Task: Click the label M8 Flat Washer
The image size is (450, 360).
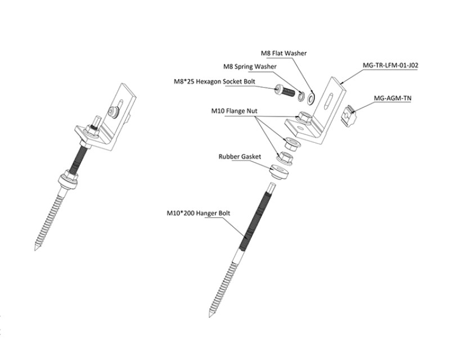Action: tap(283, 53)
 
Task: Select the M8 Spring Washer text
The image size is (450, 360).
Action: tap(250, 66)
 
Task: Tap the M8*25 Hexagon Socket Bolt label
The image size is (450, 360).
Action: tap(214, 82)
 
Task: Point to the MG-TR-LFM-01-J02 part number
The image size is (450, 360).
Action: tap(390, 65)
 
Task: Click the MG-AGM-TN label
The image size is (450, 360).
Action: tap(392, 98)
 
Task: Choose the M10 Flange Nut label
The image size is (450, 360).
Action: tap(234, 111)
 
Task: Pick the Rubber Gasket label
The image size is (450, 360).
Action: tap(240, 157)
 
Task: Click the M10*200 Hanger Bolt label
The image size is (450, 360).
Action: tap(199, 213)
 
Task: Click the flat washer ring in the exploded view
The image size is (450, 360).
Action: tap(311, 98)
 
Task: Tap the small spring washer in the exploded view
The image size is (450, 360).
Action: tap(301, 96)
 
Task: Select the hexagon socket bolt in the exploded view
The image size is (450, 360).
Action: tap(285, 91)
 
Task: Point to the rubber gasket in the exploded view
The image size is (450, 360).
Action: tap(279, 172)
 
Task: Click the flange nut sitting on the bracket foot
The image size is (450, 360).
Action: tap(304, 117)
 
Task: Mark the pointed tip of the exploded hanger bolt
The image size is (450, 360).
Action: tap(209, 317)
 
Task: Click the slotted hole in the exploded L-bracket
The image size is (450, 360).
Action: tap(328, 101)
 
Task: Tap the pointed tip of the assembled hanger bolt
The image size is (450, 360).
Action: tap(35, 250)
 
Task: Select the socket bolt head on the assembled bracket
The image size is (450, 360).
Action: tap(113, 112)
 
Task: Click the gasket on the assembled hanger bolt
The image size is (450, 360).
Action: tap(68, 182)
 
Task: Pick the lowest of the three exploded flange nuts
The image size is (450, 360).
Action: tap(285, 158)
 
